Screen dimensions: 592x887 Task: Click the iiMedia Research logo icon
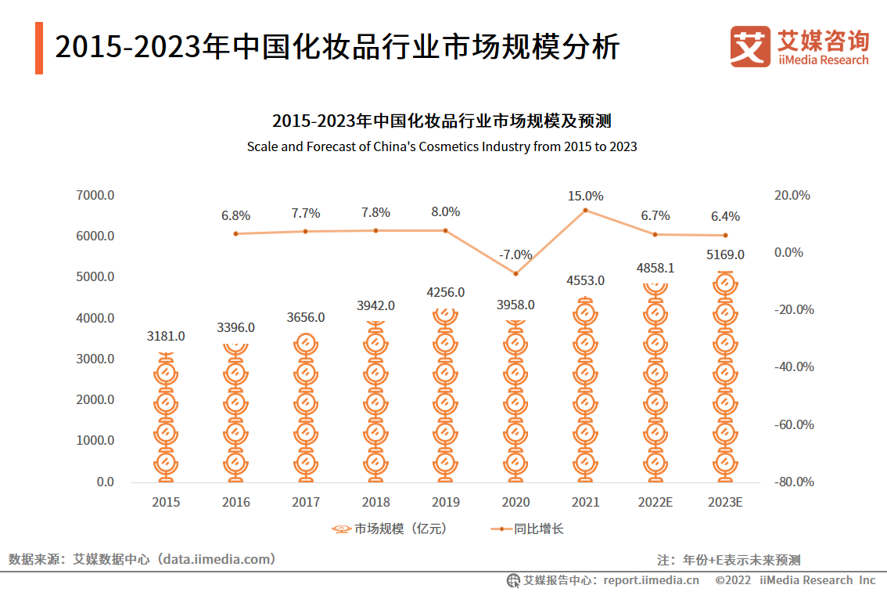[x=750, y=47]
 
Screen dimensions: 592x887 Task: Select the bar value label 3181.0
[x=166, y=336]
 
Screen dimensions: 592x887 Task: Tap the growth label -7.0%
[x=515, y=254]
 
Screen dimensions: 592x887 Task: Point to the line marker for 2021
[x=585, y=210]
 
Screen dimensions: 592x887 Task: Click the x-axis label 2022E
[x=655, y=502]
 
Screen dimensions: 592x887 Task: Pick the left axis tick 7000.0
[x=95, y=195]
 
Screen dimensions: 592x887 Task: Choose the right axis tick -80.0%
[x=794, y=482]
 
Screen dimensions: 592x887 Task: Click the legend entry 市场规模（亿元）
[x=390, y=529]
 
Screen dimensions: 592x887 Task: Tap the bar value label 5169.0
[x=725, y=254]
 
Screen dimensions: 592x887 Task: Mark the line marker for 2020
[x=515, y=273]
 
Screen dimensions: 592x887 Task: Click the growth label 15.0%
[x=585, y=196]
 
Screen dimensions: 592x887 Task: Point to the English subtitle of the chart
[x=442, y=146]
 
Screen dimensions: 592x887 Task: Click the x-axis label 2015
[x=166, y=502]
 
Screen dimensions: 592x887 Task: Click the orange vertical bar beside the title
[x=39, y=49]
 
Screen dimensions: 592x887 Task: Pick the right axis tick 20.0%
[x=794, y=195]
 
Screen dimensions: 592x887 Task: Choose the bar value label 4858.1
[x=655, y=268]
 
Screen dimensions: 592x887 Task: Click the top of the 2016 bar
[x=235, y=345]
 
